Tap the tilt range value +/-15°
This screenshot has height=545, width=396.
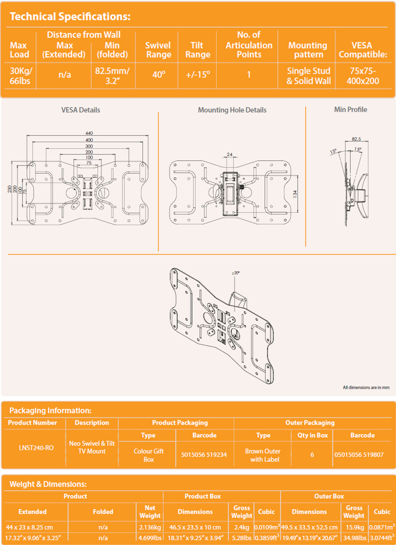198,75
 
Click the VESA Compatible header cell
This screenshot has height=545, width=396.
362,49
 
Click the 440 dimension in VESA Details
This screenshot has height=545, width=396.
89,133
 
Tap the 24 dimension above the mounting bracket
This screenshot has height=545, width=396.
229,154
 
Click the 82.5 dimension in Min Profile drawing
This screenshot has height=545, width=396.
356,139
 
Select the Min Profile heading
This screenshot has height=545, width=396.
350,110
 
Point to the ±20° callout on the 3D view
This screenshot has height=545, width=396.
236,272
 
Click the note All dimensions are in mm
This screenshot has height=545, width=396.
366,387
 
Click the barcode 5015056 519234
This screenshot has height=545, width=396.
205,454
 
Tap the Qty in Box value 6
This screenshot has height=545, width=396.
312,454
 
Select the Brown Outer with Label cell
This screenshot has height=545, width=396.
263,455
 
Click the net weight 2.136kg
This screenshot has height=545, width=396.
150,527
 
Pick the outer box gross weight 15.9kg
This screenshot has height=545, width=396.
354,527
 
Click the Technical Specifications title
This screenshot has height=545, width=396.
70,17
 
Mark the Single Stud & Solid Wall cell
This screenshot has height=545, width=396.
308,76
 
